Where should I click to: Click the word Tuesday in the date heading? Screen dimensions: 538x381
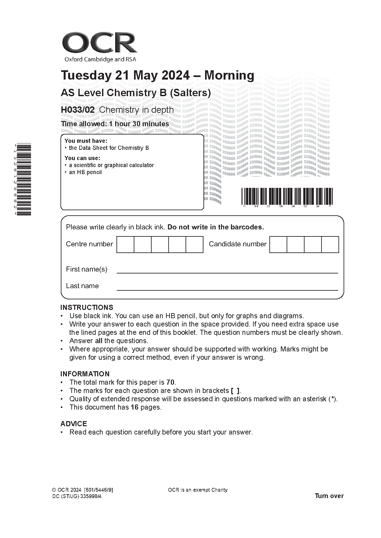point(85,75)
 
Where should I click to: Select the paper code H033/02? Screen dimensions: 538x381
point(78,110)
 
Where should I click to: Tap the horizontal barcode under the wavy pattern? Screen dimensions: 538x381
point(287,196)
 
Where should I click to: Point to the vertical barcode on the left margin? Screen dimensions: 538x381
point(23,180)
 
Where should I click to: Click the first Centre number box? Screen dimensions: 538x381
point(125,244)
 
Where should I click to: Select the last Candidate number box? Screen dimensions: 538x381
point(330,244)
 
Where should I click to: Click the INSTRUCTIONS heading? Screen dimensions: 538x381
point(87,307)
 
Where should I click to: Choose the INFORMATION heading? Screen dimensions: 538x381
point(85,374)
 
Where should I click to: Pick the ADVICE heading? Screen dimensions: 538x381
point(74,424)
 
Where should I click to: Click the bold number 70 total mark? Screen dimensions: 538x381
point(170,382)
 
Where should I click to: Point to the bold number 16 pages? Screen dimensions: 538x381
point(134,407)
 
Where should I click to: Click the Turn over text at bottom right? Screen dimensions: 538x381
point(329,496)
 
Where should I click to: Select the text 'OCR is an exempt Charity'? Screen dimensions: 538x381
point(197,490)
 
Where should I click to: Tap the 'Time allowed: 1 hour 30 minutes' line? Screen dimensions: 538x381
point(115,124)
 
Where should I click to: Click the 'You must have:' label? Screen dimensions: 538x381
point(86,141)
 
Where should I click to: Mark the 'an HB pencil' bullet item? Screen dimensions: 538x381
point(85,172)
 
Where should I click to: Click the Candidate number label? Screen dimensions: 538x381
point(237,244)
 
